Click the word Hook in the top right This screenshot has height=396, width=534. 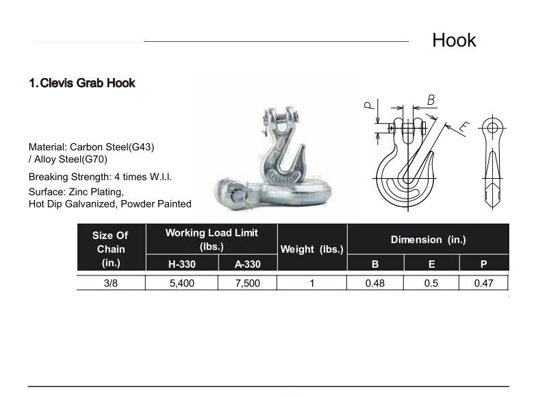point(453,40)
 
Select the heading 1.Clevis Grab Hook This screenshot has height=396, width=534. point(81,84)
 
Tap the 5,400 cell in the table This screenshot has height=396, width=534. point(181,283)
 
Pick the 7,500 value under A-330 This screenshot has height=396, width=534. point(246,283)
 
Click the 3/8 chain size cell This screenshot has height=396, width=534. point(110,283)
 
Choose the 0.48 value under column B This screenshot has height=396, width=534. point(376,283)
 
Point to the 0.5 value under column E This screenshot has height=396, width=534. point(431,283)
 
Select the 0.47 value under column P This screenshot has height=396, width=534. point(484,283)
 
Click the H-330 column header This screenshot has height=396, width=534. point(181,264)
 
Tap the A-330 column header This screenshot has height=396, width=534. point(246,264)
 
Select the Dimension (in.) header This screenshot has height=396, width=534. point(428,239)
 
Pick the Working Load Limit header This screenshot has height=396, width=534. point(211,239)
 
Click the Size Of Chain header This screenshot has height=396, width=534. point(110,249)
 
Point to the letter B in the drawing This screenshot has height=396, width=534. point(431,100)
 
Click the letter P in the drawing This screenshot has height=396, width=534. point(368,106)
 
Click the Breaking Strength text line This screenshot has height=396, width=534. point(100,177)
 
